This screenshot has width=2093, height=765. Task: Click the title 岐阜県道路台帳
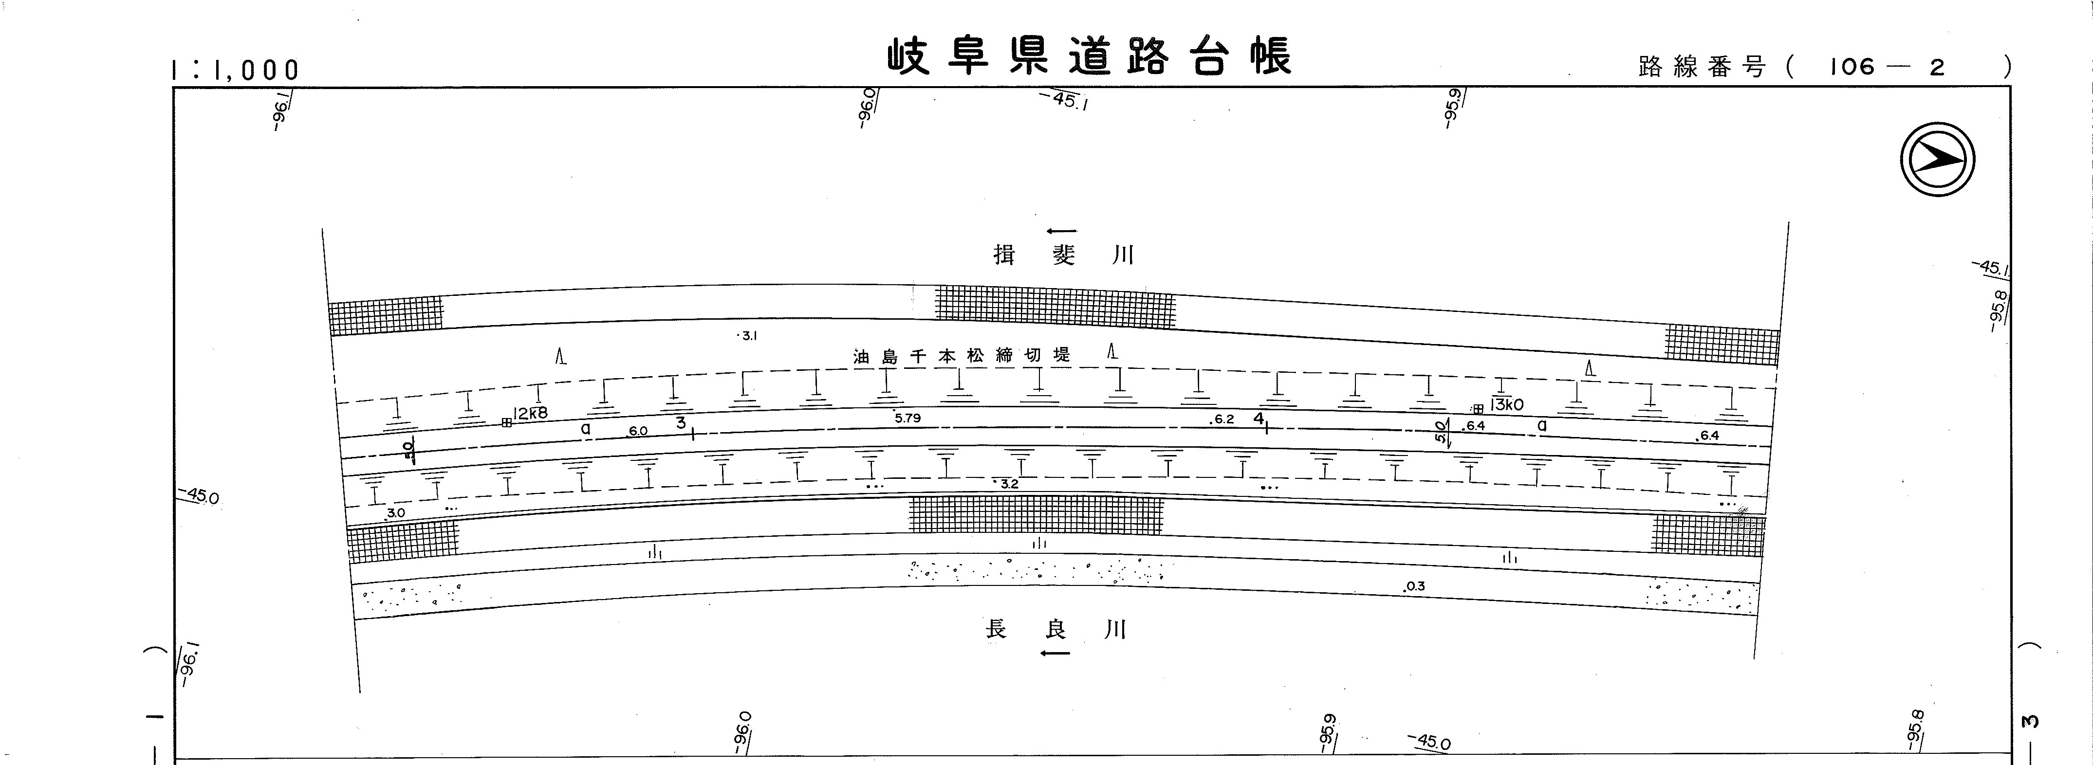click(x=1088, y=57)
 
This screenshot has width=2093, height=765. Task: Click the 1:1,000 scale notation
click(x=236, y=71)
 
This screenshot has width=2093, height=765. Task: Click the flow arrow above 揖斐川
click(x=1062, y=232)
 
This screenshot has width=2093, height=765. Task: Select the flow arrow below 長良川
click(x=1056, y=653)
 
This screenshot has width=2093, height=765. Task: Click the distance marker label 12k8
click(x=531, y=413)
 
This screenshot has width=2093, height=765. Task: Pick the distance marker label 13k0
click(x=1507, y=404)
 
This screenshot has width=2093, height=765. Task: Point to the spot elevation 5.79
click(x=908, y=418)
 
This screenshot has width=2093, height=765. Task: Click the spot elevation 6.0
click(x=638, y=431)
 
